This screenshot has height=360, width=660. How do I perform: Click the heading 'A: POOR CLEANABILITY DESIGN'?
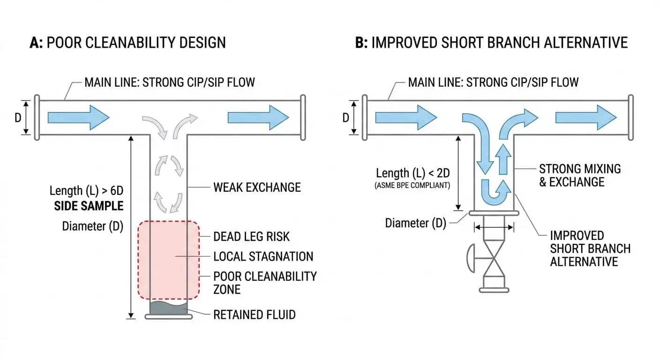point(127,43)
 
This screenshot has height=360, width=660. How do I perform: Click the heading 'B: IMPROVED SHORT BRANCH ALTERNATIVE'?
point(491,43)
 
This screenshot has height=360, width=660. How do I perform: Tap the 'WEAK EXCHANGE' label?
point(257,187)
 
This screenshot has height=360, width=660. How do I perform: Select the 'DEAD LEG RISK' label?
point(251,236)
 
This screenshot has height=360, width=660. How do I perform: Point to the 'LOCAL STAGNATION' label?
point(263,256)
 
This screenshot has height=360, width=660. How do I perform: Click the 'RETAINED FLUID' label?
point(254,315)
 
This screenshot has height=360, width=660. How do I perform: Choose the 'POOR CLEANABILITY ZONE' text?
point(265,283)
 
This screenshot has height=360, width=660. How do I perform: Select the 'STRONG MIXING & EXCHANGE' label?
point(579,175)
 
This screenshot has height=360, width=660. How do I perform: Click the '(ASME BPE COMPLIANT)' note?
point(412,186)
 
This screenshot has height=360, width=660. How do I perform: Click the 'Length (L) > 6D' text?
point(86,191)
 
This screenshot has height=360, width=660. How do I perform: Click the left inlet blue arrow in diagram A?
point(78,117)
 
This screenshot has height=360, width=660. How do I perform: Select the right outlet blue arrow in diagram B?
point(585,117)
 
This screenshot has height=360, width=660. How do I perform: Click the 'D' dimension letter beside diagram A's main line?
point(18,117)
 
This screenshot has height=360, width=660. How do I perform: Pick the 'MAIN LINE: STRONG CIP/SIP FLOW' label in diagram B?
point(493,82)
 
